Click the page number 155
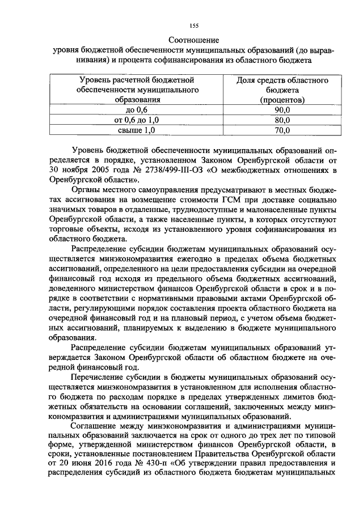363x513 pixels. (193, 25)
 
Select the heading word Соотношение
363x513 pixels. (193, 40)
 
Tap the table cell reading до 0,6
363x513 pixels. (136, 110)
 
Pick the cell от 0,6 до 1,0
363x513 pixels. (136, 120)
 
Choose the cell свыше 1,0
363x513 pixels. (136, 130)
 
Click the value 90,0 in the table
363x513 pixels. (282, 110)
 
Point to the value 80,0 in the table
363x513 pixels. (282, 120)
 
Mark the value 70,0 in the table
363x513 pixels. (282, 130)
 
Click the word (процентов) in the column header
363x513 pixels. (282, 100)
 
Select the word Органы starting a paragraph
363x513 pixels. (87, 190)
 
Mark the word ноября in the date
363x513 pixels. (70, 170)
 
